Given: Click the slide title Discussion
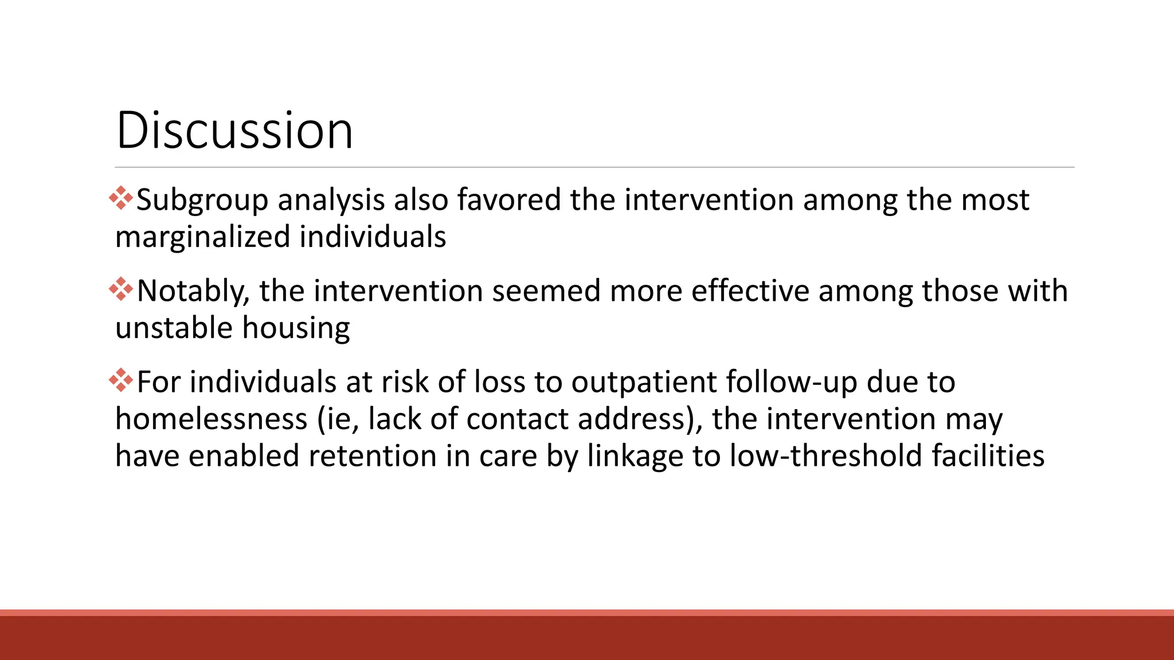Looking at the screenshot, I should point(234,131).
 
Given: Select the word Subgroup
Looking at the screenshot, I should point(202,201).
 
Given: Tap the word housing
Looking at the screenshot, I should point(296,329).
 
